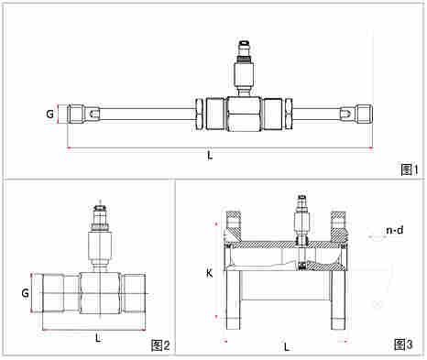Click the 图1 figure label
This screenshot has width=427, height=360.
coord(410,169)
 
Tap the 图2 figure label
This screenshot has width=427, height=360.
coord(160,345)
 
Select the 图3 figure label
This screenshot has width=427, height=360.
coord(403,344)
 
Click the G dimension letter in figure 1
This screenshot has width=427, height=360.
coord(49,114)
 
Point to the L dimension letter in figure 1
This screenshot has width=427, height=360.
coord(210,156)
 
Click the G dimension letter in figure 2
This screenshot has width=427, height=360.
coord(25,293)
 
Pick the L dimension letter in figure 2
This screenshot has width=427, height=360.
coord(98,338)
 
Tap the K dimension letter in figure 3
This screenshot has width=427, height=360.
coord(209,273)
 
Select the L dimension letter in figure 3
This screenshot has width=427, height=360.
coord(286,347)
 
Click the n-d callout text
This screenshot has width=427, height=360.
coord(395,230)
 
